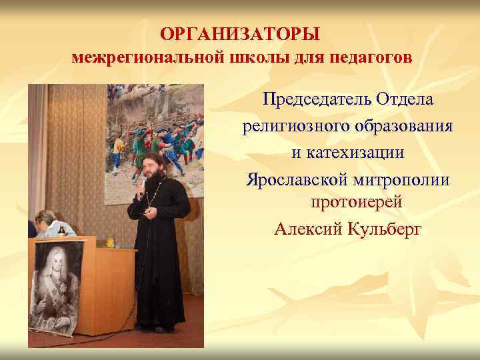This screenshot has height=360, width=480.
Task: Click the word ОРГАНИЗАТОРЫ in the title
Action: tap(241, 33)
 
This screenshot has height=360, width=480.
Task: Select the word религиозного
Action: tap(292, 126)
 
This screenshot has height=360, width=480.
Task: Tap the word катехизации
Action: tap(347, 153)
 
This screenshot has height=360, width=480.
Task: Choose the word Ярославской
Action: tap(298, 179)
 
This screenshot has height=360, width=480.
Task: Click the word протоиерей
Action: tap(347, 202)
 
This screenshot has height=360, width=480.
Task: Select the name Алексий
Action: tap(304, 229)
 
